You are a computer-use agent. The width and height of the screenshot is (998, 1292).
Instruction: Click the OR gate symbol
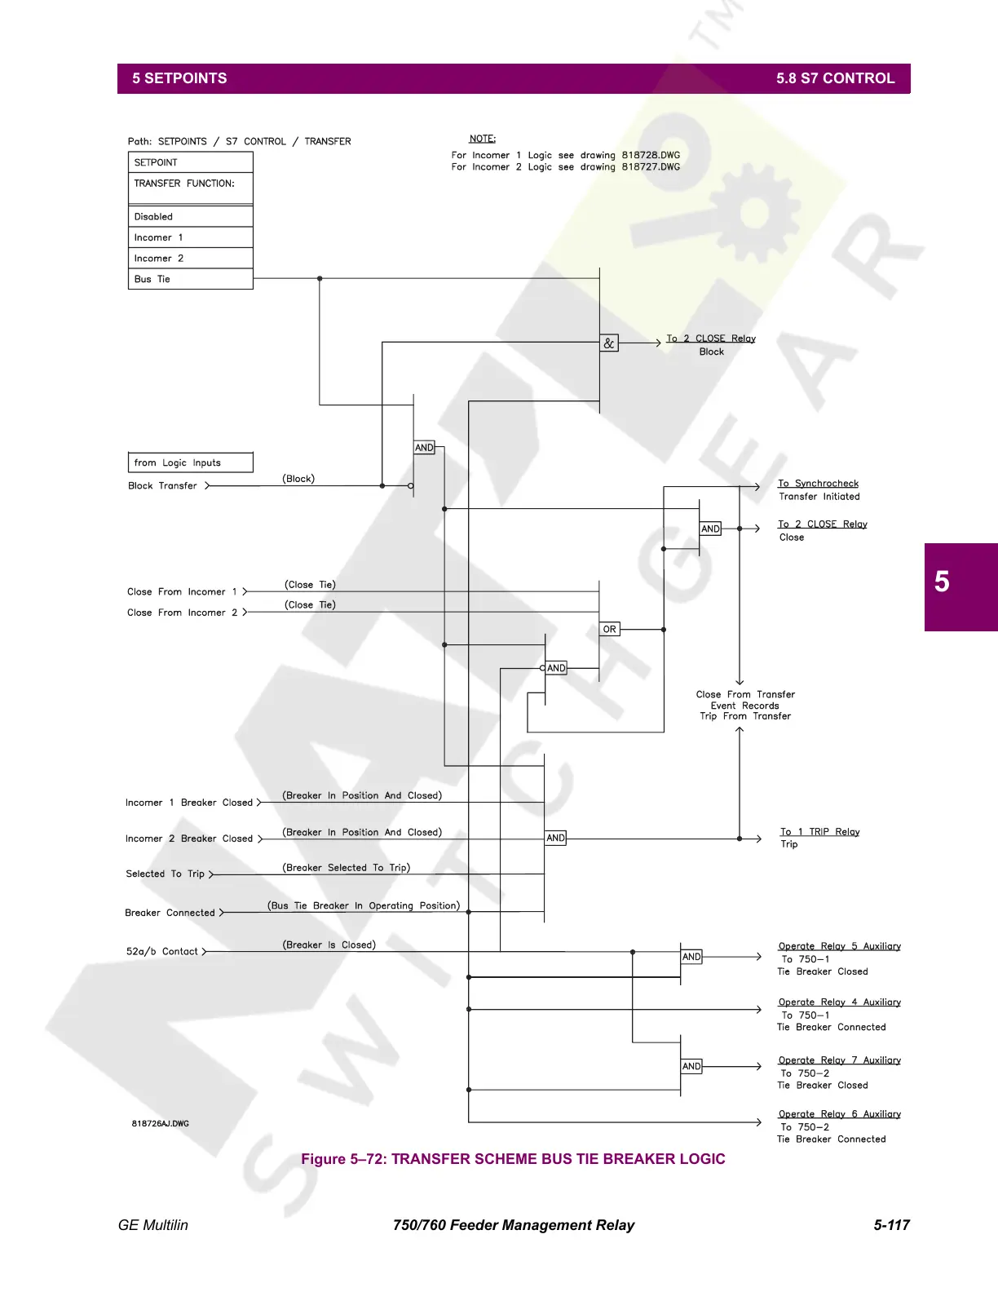[x=609, y=630]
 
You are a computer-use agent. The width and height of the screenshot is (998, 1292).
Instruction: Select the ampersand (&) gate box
[x=609, y=343]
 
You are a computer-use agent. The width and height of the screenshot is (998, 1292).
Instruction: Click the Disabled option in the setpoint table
[x=154, y=217]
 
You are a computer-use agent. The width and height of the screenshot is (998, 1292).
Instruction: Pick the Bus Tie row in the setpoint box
[x=152, y=279]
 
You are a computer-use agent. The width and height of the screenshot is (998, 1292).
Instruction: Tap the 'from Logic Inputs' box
[x=190, y=462]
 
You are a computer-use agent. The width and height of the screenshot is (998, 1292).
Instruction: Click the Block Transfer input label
[x=163, y=486]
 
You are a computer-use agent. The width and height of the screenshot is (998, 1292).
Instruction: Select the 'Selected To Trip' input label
[x=166, y=874]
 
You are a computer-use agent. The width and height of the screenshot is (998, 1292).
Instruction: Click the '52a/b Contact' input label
[x=162, y=952]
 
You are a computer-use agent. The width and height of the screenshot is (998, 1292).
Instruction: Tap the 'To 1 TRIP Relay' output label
[x=819, y=832]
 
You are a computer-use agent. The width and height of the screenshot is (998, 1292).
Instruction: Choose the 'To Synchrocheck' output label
[x=818, y=484]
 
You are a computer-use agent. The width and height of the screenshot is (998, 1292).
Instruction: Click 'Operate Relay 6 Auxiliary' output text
[x=839, y=1114]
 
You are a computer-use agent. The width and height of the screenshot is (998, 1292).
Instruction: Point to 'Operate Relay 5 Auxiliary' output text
[x=839, y=947]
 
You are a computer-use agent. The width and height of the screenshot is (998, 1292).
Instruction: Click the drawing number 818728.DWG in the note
[x=651, y=155]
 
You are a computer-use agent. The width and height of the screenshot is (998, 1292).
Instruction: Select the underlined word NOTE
[x=483, y=139]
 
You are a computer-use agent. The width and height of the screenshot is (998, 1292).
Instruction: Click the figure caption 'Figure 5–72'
[x=513, y=1159]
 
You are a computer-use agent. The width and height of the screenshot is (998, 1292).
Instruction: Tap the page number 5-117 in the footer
[x=891, y=1225]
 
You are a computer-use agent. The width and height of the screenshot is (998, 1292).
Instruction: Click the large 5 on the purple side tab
[x=942, y=582]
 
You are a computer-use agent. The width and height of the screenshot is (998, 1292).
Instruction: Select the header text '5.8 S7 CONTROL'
[x=835, y=78]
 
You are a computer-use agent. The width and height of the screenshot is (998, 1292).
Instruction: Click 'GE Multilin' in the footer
[x=153, y=1225]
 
